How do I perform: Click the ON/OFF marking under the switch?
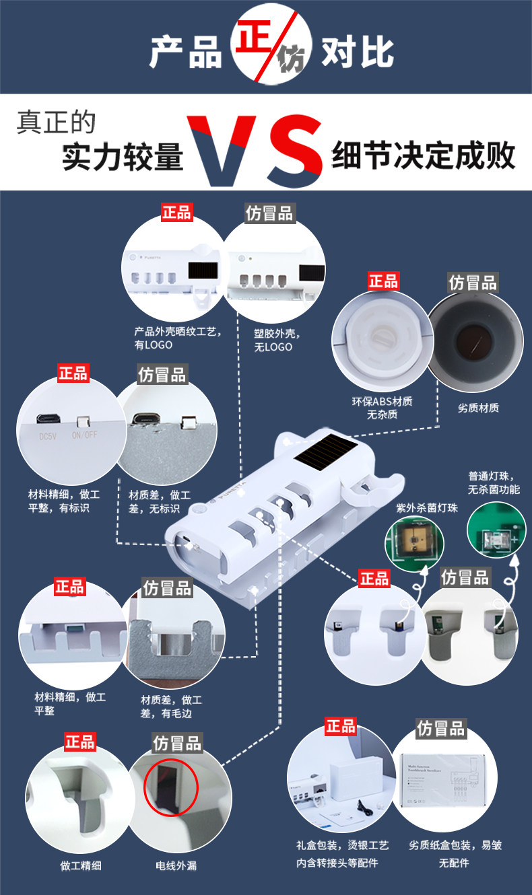coord(85,435)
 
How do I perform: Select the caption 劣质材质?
coord(478,408)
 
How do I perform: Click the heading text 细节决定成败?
coord(424,155)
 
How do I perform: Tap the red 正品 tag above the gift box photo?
coord(341,726)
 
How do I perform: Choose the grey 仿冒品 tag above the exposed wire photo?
coord(177,743)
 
